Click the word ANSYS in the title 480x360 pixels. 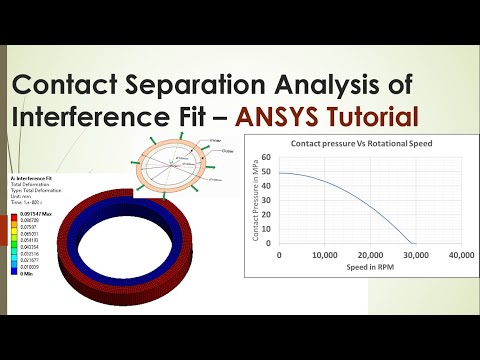282,116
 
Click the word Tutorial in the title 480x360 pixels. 371,116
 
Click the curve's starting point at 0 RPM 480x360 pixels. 279,174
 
